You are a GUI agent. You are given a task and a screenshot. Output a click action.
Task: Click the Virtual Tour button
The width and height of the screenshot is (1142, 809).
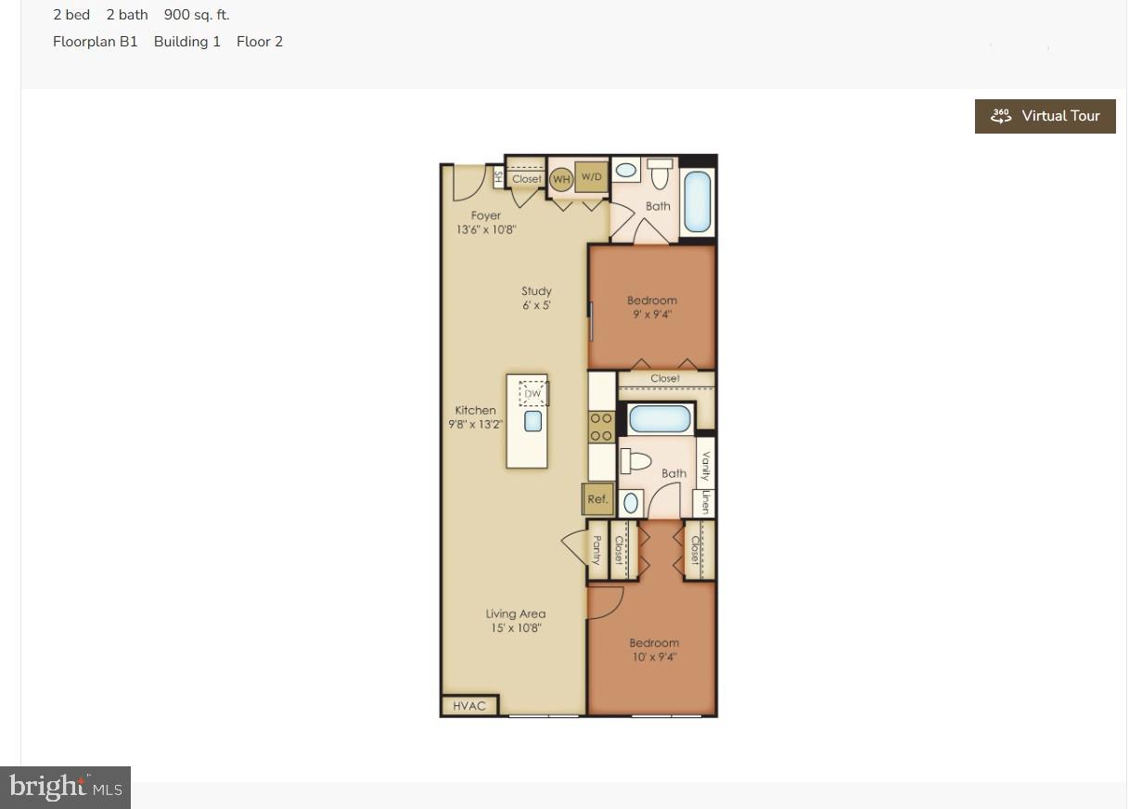[1045, 116]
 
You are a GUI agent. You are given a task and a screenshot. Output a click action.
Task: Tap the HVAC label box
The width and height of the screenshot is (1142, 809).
[468, 706]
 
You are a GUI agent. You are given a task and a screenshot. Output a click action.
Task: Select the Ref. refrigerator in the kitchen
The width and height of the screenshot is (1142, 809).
[597, 499]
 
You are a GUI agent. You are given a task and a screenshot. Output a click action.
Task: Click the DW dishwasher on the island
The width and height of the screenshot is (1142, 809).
[533, 393]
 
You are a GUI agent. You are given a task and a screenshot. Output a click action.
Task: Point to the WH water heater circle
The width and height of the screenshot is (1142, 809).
[561, 179]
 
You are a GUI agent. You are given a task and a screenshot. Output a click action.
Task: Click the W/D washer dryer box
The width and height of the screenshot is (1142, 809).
[591, 176]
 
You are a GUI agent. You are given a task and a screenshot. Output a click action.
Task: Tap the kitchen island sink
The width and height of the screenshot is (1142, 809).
[533, 421]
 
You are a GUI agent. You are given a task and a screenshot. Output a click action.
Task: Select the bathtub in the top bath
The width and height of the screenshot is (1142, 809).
[698, 201]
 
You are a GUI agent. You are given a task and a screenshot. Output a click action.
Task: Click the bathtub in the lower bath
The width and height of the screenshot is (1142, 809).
[660, 419]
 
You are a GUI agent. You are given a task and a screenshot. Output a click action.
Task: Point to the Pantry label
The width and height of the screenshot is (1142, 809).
[597, 550]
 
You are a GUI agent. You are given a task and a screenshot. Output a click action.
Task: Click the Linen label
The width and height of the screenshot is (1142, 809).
[705, 502]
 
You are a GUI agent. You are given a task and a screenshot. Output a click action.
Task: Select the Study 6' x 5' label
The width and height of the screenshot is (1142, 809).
[536, 298]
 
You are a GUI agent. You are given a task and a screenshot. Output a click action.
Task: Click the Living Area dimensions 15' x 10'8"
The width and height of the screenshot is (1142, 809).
[516, 628]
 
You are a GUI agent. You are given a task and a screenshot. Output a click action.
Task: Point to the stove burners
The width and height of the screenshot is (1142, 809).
[601, 427]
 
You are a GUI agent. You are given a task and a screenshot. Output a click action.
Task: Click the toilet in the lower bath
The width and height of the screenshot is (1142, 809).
[637, 460]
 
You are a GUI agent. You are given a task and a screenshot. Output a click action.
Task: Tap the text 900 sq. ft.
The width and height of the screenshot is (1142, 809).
[197, 15]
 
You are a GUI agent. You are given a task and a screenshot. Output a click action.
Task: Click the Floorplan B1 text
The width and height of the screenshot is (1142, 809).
[95, 42]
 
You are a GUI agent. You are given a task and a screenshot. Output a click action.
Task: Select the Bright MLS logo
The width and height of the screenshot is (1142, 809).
[66, 788]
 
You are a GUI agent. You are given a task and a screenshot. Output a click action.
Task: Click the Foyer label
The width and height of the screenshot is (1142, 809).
[485, 215]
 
